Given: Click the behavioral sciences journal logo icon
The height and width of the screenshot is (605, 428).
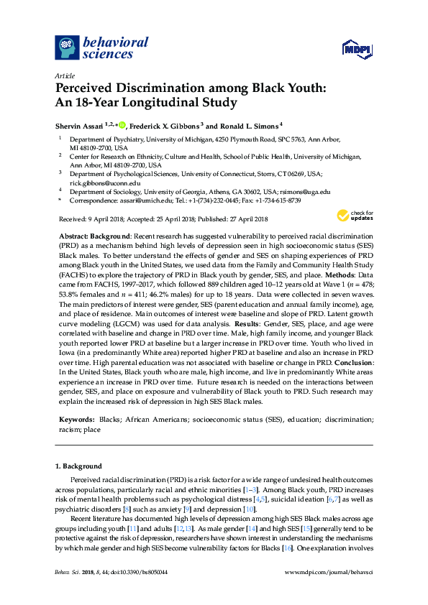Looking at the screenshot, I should (67, 47).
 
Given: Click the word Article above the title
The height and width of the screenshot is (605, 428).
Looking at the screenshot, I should (65, 75).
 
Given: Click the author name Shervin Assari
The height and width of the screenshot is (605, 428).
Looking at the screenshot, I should (79, 124).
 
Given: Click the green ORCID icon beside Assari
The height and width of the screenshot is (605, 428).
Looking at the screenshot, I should (122, 124).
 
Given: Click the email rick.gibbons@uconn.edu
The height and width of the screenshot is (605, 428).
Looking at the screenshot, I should (101, 183).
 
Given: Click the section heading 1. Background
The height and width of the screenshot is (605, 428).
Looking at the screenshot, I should (78, 466).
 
